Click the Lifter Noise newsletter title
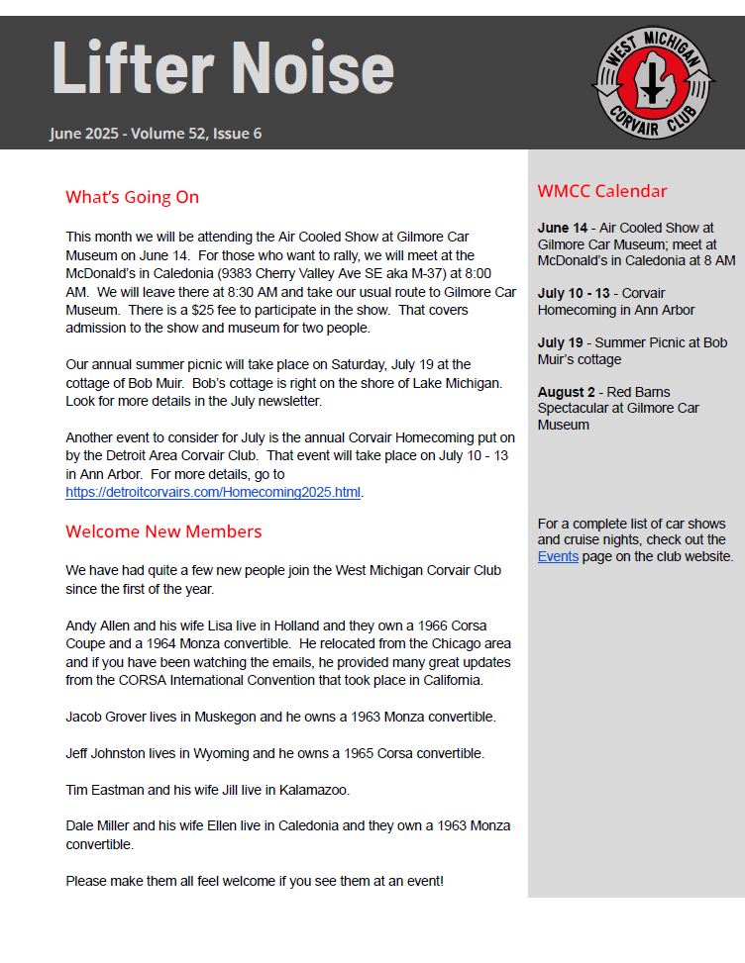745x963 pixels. coord(223,67)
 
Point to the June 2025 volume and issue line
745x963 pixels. coord(156,134)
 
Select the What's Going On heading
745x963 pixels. coord(132,197)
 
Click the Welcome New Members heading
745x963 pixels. coord(163,531)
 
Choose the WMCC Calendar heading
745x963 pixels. coord(601,191)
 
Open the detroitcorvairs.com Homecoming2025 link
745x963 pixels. coord(213,492)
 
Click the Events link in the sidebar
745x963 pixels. coord(558,556)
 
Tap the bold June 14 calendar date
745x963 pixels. coord(562,228)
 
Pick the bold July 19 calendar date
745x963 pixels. coord(560,342)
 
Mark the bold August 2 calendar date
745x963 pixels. coord(568,392)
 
